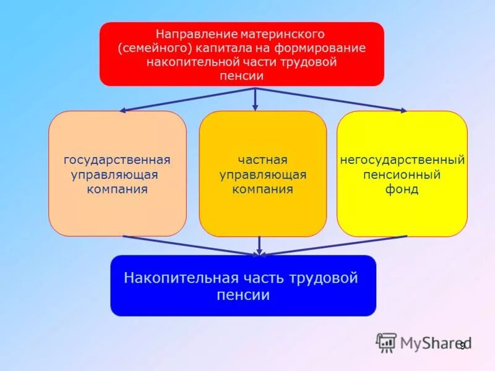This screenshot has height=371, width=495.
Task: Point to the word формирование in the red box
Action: click(x=329, y=48)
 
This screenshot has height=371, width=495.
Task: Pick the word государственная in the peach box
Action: click(x=117, y=160)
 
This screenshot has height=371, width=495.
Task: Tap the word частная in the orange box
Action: click(x=262, y=160)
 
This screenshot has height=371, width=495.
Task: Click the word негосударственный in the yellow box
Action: click(x=402, y=160)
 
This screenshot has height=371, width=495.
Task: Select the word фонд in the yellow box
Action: click(x=402, y=189)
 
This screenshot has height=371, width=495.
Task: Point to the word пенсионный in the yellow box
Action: click(x=402, y=175)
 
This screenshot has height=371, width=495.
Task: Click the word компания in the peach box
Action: click(x=117, y=189)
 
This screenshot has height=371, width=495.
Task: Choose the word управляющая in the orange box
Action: click(x=262, y=175)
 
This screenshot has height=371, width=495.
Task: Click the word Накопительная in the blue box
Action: click(x=171, y=278)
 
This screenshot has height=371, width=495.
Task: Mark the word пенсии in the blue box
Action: click(x=243, y=295)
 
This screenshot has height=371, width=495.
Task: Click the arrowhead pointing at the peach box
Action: click(x=123, y=111)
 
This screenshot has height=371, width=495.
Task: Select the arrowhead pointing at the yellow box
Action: click(x=403, y=111)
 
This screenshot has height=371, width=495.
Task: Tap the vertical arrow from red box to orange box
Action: click(x=255, y=99)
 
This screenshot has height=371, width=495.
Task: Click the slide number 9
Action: click(x=462, y=346)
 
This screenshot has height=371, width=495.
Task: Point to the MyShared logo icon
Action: click(x=387, y=343)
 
